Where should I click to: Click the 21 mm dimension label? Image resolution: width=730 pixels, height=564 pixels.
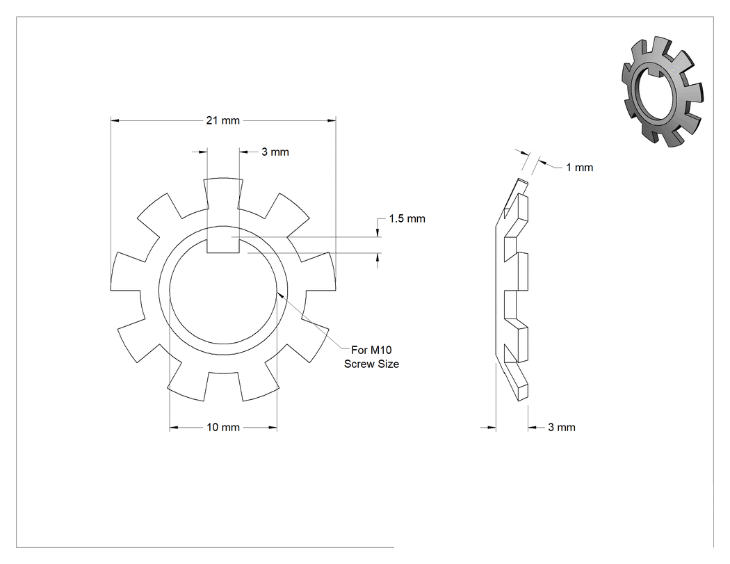[x=223, y=120]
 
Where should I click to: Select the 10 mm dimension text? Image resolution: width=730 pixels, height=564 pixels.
[x=223, y=428]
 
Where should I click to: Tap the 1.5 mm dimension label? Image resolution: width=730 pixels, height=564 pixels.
[x=407, y=219]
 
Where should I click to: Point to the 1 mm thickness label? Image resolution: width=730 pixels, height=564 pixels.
[x=580, y=168]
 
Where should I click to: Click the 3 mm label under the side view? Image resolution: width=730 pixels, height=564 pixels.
[x=562, y=428]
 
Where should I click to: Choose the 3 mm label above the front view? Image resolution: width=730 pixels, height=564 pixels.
[x=275, y=152]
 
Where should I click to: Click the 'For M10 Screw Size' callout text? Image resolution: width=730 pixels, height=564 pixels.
[x=371, y=357]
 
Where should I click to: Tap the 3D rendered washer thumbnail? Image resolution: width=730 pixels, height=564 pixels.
[x=663, y=92]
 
